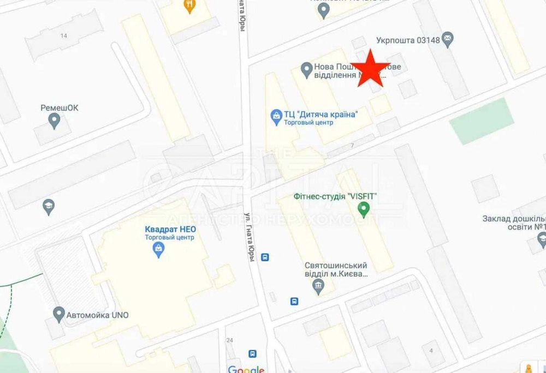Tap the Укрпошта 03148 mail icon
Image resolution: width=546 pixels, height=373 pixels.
tap(449, 38)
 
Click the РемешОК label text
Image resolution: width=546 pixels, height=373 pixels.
tap(60, 107)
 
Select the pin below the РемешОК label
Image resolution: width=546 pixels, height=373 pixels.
tap(54, 121)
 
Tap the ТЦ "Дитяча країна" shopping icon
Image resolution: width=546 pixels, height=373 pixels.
tap(276, 116)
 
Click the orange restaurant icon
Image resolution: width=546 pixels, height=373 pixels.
tap(189, 6)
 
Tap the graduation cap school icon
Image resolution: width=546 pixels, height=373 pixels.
tap(49, 206)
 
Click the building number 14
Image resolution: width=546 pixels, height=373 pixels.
tap(64, 36)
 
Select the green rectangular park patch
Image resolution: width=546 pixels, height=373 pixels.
tap(482, 122)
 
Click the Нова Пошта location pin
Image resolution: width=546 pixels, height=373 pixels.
tap(306, 69)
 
